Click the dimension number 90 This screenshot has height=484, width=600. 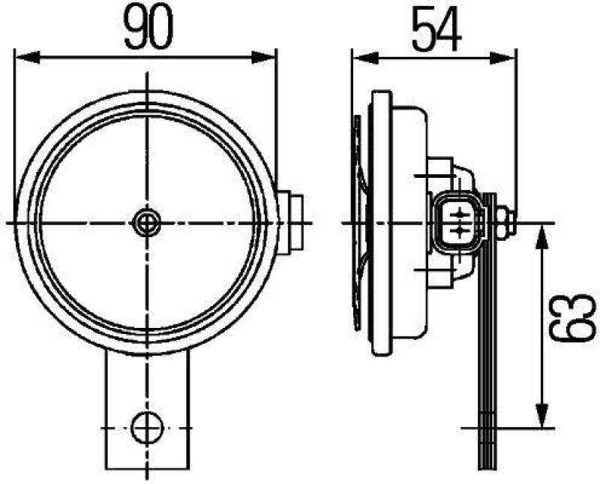(148, 27)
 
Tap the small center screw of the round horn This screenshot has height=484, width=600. (146, 222)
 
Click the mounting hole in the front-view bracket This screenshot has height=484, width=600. (147, 428)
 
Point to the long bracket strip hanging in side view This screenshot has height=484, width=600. (488, 338)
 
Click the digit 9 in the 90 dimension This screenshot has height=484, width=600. (135, 27)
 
